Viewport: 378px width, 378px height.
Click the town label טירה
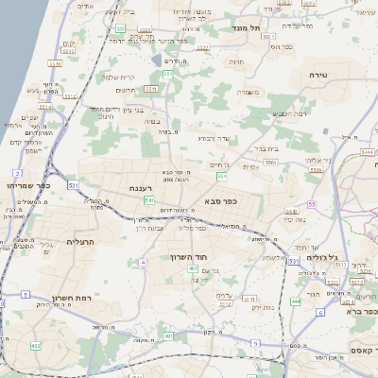coord(318,74)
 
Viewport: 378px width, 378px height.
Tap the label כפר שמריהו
coord(26,185)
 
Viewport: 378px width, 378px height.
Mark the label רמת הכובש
coord(264,113)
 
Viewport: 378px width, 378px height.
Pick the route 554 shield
coord(221,176)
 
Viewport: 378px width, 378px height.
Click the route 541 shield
coord(149,200)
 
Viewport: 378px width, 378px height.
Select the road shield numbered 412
coord(36,346)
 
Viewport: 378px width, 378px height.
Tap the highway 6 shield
coord(320,312)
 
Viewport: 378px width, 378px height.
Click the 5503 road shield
coord(270,163)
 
